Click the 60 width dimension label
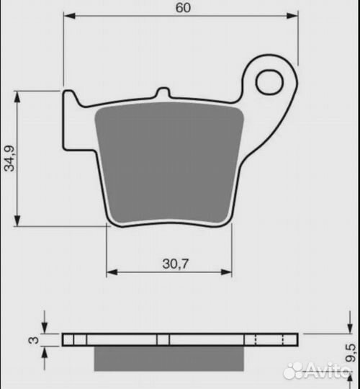[x=183, y=8]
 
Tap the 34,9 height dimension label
[x=9, y=158]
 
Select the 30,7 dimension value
[x=176, y=264]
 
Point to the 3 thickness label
[x=33, y=339]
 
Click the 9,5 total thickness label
[x=351, y=352]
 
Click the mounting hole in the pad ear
[x=269, y=82]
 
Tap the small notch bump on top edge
[x=163, y=92]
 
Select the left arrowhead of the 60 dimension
[x=69, y=16]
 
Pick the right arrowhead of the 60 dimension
[x=292, y=16]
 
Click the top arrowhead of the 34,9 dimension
[x=17, y=97]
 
